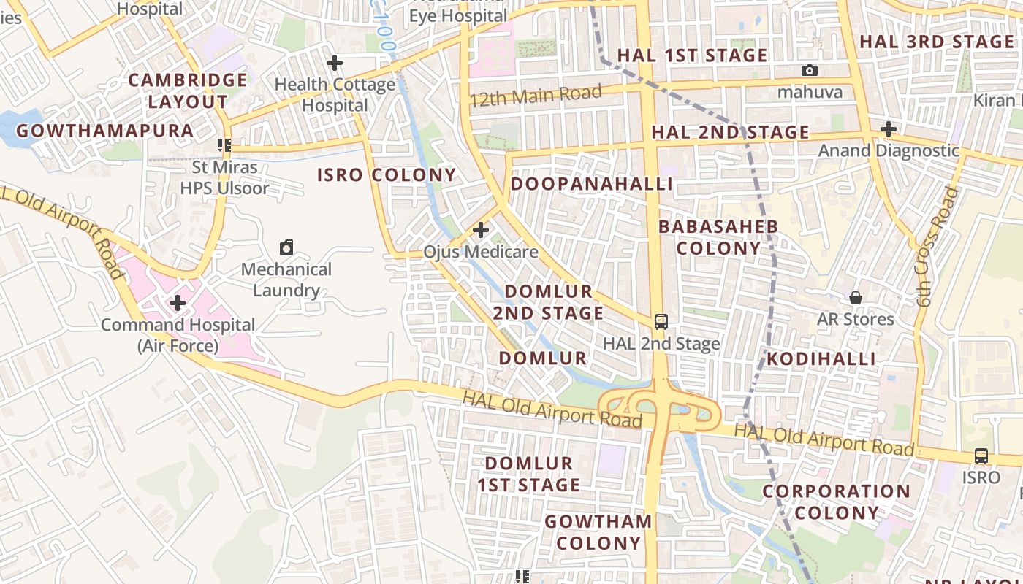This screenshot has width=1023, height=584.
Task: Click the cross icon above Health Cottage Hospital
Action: pos(335,64)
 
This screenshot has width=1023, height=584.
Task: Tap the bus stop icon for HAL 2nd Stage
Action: pos(661,322)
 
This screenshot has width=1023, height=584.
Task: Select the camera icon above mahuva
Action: pos(809,71)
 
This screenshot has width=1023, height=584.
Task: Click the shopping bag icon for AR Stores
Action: pos(855,298)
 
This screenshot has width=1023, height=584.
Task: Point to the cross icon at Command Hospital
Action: pos(177,303)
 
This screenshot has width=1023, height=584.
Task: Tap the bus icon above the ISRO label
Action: pos(981,456)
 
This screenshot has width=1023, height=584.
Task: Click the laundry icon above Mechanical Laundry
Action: pos(286,248)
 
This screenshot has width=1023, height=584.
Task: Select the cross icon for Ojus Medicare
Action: pos(480,231)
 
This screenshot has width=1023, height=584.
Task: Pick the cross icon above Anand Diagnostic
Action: pos(888,130)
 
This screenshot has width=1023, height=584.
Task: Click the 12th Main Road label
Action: pos(536,95)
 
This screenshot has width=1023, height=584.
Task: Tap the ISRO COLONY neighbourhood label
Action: pos(387,175)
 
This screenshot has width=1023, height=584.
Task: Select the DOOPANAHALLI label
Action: pos(591,184)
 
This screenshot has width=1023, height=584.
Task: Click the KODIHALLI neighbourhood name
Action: pos(821,358)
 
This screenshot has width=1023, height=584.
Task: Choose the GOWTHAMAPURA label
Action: pos(104,131)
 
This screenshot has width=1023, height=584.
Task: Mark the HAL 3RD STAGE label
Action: pos(936,42)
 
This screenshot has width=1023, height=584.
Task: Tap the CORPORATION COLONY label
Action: pos(837,502)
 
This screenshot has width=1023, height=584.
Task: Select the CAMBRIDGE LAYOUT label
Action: pos(188,91)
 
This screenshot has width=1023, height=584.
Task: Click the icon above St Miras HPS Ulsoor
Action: pos(224,145)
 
